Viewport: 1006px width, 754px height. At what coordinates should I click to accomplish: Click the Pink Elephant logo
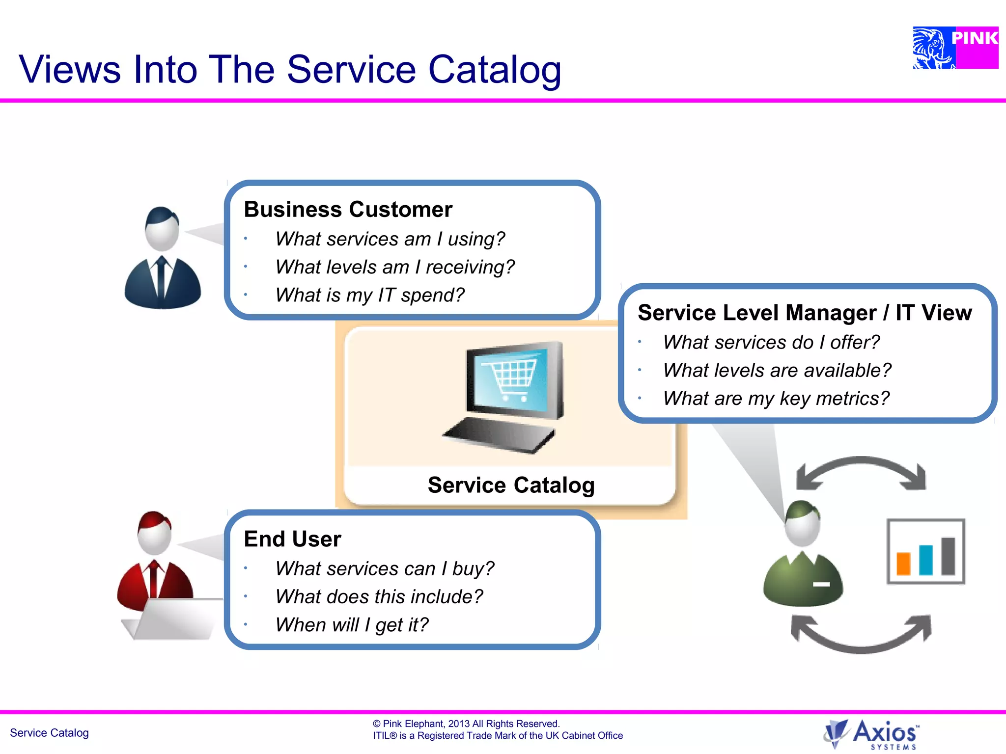pyautogui.click(x=955, y=48)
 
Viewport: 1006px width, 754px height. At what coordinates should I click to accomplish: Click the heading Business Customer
pyautogui.click(x=348, y=210)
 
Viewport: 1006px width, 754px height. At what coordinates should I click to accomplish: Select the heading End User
pyautogui.click(x=292, y=539)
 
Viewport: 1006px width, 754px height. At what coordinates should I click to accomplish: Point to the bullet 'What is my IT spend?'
pyautogui.click(x=369, y=295)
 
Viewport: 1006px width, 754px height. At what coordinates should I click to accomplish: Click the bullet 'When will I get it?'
pyautogui.click(x=352, y=625)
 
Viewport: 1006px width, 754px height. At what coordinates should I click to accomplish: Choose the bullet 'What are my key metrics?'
pyautogui.click(x=776, y=398)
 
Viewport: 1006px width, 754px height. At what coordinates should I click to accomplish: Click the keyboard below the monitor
pyautogui.click(x=499, y=434)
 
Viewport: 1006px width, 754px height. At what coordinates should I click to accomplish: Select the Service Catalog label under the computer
pyautogui.click(x=511, y=485)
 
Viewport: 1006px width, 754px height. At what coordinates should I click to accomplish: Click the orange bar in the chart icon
pyautogui.click(x=903, y=564)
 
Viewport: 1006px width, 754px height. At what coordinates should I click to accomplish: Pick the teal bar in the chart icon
pyautogui.click(x=925, y=560)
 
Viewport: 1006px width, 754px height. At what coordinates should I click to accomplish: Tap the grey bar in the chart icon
pyautogui.click(x=948, y=556)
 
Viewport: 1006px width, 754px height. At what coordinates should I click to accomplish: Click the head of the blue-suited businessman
pyautogui.click(x=162, y=230)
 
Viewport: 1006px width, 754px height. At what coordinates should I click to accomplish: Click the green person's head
pyautogui.click(x=802, y=523)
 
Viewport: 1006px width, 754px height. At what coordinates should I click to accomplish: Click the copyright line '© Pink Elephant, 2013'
pyautogui.click(x=466, y=724)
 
